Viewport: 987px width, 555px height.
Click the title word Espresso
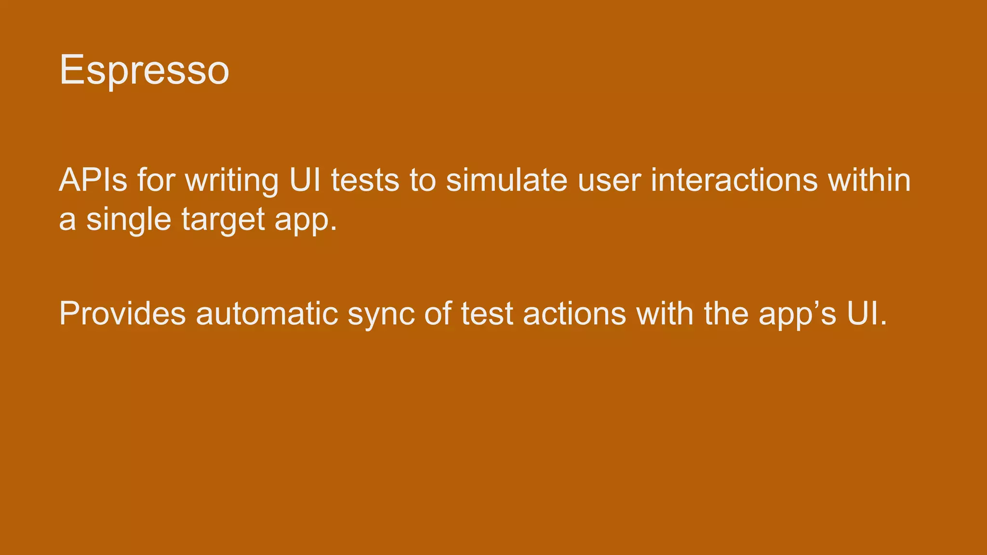[144, 70]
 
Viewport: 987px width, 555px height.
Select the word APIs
[93, 180]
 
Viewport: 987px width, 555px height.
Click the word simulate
[507, 180]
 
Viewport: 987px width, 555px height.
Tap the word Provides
[122, 313]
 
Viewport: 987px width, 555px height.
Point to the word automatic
[267, 313]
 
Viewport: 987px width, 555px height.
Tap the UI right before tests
[305, 180]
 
